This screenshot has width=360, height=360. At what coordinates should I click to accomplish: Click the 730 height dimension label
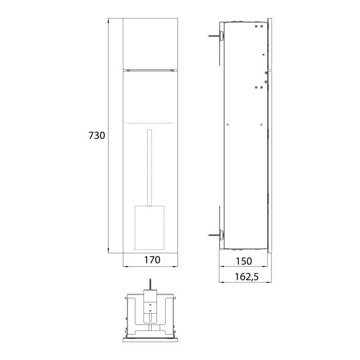click(x=97, y=136)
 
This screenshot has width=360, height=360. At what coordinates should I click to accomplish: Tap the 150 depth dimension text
click(x=245, y=261)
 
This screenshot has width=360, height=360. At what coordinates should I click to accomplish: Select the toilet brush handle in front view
click(x=149, y=167)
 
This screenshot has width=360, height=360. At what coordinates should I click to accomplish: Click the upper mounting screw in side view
click(x=214, y=37)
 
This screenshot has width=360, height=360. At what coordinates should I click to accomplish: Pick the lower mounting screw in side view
click(x=214, y=235)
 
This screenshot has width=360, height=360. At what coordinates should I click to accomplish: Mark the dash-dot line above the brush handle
click(x=149, y=123)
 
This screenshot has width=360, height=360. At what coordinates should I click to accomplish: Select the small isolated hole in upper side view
click(x=263, y=55)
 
